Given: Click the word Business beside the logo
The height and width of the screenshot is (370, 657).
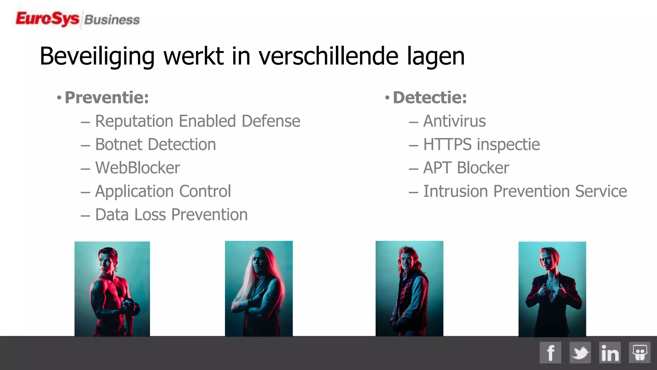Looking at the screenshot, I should pos(112,20).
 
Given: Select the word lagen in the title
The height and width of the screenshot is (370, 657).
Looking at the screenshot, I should pos(436,57).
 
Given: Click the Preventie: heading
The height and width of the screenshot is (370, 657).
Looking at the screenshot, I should pos(107,98).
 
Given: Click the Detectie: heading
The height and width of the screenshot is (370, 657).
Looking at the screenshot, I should pos(430,98).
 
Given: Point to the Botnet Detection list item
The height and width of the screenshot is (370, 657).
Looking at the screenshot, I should pos(155,145).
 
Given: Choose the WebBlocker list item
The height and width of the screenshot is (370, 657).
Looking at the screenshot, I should pos(137,168).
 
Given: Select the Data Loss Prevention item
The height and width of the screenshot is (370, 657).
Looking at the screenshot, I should pos(171,215).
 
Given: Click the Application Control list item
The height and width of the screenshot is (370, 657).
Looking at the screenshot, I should pos(163,191).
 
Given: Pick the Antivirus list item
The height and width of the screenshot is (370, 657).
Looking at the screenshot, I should pos(454,121).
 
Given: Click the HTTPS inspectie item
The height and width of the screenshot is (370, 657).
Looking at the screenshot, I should pos(481,145).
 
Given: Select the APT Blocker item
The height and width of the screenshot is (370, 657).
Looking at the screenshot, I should pos(466,168).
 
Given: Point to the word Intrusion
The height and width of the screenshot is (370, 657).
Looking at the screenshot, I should pos(456,191).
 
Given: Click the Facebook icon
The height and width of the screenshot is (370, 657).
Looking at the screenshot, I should pos(550,353).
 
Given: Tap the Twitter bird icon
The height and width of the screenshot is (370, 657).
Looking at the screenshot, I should pos(580,353).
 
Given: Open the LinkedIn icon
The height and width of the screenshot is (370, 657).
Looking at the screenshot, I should pos(610,353).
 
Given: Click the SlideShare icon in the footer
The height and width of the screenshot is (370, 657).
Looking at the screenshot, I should pos(639,353).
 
